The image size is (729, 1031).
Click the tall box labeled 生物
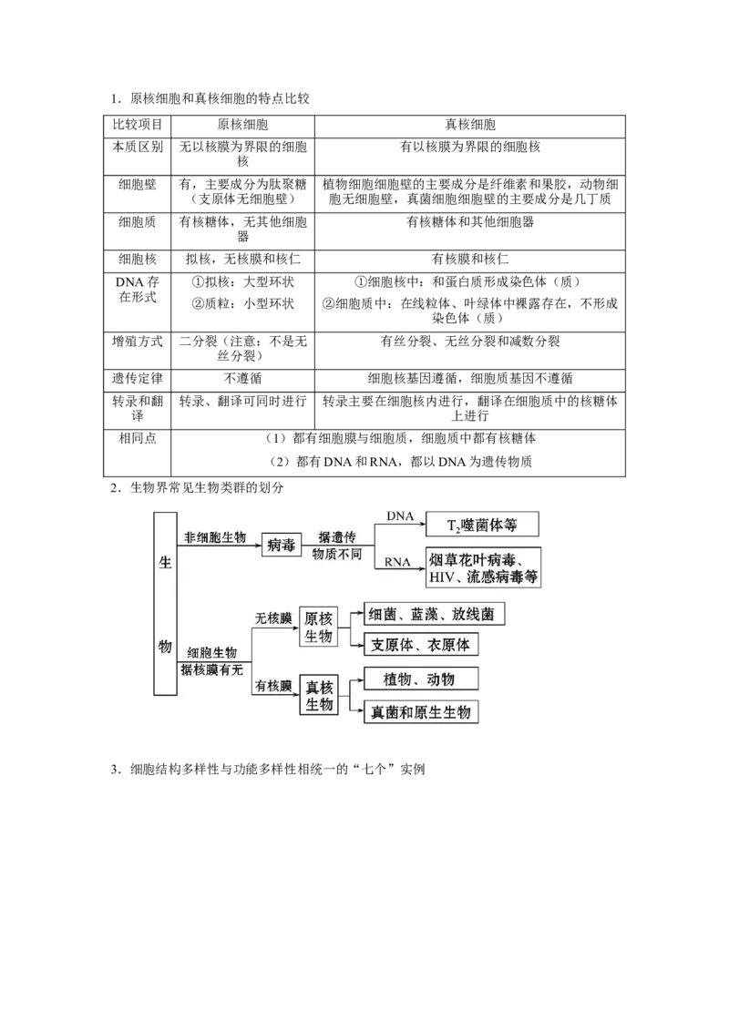(x=164, y=603)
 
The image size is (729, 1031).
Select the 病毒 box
(x=282, y=545)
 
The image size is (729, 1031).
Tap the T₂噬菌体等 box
(x=482, y=524)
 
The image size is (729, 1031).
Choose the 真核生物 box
(x=318, y=696)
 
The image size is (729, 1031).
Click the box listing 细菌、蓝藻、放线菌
(x=433, y=615)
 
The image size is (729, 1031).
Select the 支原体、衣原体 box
(x=420, y=644)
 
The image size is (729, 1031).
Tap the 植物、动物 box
(x=419, y=679)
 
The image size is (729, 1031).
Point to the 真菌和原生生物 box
(x=420, y=712)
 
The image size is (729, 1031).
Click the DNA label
(x=399, y=515)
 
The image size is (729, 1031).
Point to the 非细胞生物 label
(x=215, y=537)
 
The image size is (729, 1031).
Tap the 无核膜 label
(x=273, y=618)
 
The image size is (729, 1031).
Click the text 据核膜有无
(x=211, y=670)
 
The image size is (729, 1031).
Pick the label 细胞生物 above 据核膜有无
(x=211, y=652)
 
